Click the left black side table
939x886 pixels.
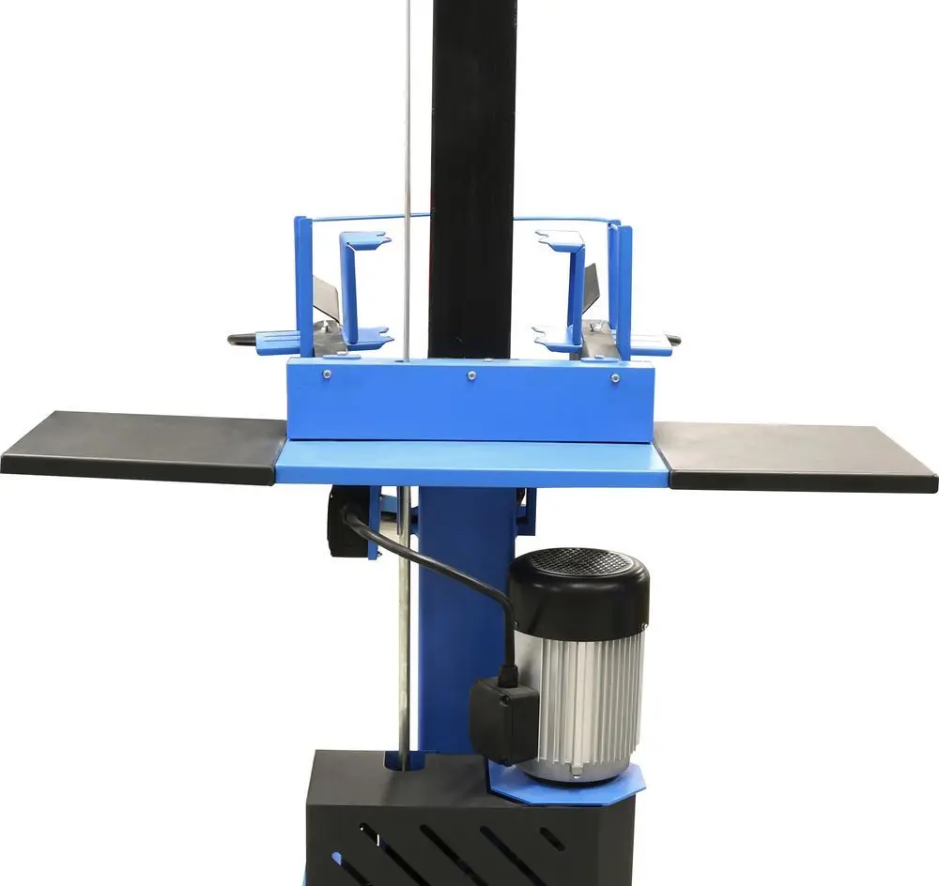[x=141, y=446]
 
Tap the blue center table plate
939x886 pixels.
[x=469, y=462]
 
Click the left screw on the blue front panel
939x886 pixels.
[x=327, y=374]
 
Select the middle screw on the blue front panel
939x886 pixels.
[x=471, y=376]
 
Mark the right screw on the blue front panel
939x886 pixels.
[x=614, y=378]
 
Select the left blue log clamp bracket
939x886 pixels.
[x=362, y=286]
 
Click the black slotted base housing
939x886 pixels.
[x=423, y=826]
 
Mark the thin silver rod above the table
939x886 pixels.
[x=408, y=141]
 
